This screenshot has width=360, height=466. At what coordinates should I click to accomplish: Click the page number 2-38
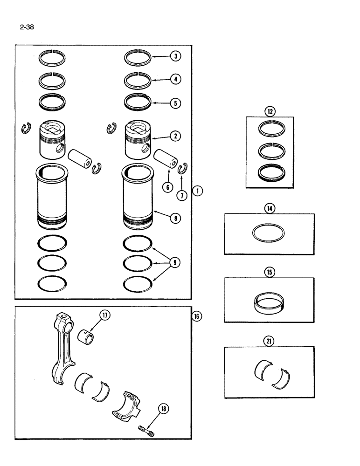click(x=27, y=27)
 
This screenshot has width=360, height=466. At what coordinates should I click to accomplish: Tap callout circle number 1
click(x=198, y=190)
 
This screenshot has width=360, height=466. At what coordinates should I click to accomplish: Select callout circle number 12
click(x=270, y=111)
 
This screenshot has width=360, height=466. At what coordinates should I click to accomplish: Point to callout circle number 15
click(x=270, y=273)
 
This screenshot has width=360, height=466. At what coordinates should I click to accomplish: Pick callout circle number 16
click(x=198, y=316)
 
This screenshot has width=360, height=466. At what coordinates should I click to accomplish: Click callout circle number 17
click(x=104, y=315)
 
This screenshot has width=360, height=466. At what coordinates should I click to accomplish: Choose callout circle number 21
click(x=270, y=342)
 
